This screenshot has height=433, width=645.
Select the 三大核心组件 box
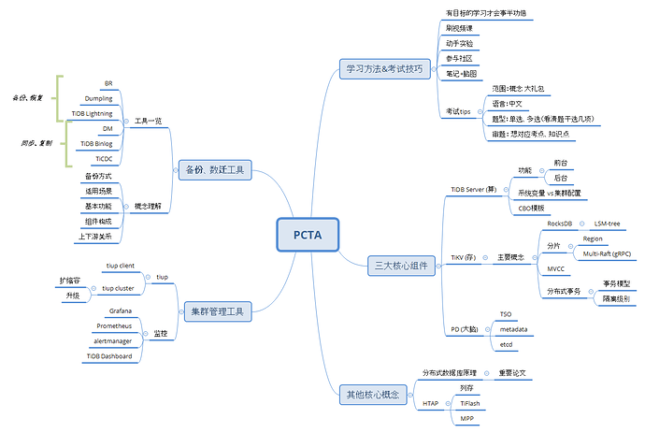tap(400, 267)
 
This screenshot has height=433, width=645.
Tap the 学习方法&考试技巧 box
tap(383, 68)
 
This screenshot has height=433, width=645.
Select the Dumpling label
tap(98, 98)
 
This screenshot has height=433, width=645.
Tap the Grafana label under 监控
tap(120, 310)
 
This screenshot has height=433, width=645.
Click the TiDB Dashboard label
tap(110, 356)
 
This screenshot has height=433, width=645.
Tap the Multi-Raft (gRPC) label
tap(607, 253)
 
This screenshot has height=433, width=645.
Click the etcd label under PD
tap(506, 344)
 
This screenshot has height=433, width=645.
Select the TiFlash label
tap(470, 403)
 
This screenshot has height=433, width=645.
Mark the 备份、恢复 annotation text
tap(27, 97)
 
